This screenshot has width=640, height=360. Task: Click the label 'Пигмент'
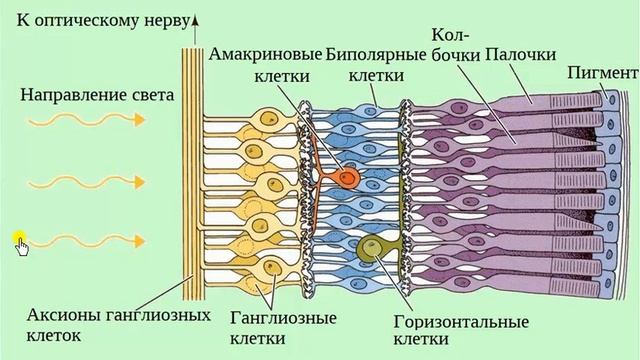pos(601,73)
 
